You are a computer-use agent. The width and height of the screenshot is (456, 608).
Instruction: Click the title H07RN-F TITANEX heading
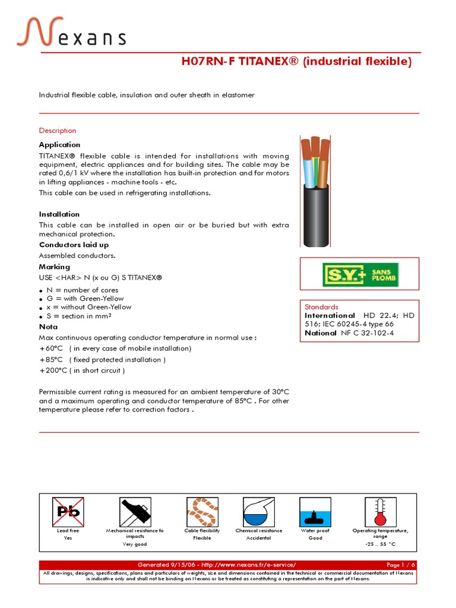point(296,62)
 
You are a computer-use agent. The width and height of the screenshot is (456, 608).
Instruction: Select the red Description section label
point(58,131)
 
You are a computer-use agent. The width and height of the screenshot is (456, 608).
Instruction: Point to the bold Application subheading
point(59,145)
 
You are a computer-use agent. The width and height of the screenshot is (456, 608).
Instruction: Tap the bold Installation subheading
point(59,214)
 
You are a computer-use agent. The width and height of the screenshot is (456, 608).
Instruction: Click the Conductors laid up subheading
point(74,245)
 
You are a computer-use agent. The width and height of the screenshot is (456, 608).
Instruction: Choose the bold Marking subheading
point(55,267)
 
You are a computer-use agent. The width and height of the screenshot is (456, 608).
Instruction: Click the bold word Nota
point(48,327)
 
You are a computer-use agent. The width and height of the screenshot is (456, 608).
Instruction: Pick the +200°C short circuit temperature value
point(52,370)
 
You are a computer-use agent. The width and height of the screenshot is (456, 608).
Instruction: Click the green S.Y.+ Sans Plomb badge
point(360,274)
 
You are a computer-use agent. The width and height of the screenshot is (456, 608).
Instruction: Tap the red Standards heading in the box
point(321,307)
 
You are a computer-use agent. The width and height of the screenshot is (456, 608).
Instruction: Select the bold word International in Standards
point(330,315)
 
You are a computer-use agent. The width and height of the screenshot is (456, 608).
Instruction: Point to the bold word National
point(321,333)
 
